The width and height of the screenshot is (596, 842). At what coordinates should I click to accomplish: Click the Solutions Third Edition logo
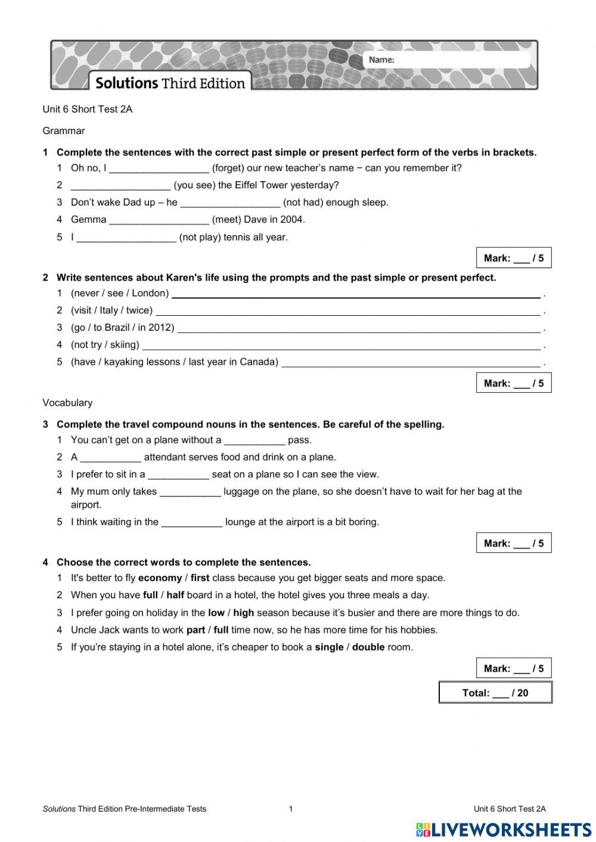[170, 83]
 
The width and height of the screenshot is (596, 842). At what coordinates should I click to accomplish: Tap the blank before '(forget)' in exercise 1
[159, 169]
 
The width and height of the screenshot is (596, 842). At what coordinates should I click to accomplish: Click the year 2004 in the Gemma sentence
[292, 220]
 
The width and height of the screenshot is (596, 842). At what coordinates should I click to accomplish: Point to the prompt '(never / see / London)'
[120, 293]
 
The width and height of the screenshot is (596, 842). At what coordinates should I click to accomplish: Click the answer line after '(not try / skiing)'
[341, 345]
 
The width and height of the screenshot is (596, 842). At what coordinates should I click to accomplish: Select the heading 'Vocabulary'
[67, 403]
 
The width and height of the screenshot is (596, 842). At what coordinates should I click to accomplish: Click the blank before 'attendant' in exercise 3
[111, 458]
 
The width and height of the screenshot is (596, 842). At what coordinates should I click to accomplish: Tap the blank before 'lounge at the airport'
[192, 523]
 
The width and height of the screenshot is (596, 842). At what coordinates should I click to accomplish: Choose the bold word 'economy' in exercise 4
[160, 578]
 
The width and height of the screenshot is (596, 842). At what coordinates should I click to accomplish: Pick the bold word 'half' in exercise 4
[175, 595]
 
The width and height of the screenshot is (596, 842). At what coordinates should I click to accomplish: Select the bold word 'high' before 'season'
[243, 613]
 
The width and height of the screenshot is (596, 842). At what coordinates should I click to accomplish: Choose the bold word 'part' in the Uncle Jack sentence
[195, 630]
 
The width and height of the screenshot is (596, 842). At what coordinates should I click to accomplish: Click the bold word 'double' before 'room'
[368, 648]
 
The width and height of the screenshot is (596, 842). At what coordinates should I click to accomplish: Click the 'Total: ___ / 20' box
[495, 692]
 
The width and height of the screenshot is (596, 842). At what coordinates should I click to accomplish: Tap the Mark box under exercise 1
[513, 258]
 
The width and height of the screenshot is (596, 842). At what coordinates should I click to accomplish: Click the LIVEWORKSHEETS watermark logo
[504, 829]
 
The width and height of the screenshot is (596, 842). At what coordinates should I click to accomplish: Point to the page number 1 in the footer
[291, 809]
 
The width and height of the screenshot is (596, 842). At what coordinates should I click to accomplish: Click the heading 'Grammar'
[64, 131]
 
